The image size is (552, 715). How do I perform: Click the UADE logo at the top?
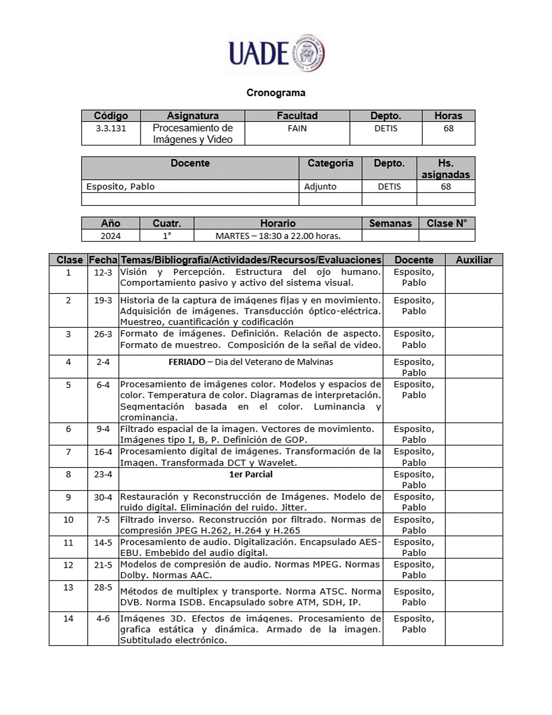[276, 52]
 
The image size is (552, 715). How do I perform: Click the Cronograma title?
[276, 93]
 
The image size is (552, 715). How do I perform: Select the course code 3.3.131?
[111, 128]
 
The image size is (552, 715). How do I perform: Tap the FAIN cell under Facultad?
[297, 128]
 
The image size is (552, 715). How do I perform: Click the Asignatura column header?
[193, 116]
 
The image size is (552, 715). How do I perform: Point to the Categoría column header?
[330, 163]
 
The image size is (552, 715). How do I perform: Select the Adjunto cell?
[320, 186]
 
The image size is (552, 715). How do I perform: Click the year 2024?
[110, 236]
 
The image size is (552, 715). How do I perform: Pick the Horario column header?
[277, 223]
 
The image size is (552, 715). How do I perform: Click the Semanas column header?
[390, 223]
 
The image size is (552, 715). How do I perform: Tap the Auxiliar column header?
[474, 259]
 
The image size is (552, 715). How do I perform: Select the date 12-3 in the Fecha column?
[103, 272]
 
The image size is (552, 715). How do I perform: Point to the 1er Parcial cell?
[250, 475]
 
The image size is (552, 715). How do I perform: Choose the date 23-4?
[103, 475]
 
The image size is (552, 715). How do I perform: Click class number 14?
[68, 619]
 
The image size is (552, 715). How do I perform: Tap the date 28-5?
[103, 587]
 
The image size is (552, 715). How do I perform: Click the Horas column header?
[448, 116]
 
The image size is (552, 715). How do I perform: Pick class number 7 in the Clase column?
[68, 452]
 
